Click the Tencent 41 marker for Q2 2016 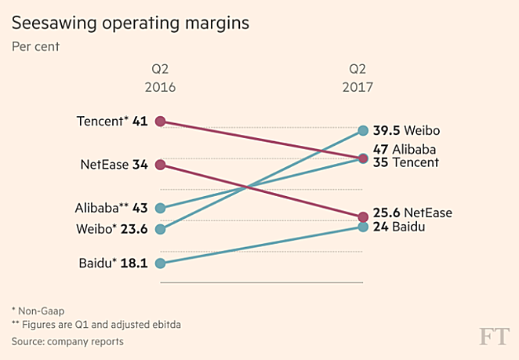(x=160, y=121)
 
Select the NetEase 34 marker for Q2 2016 (x=160, y=165)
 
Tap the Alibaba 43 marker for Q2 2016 (x=160, y=209)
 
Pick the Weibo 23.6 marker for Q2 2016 (x=160, y=230)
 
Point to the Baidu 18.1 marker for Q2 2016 (x=160, y=264)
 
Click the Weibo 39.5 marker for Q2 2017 (x=363, y=130)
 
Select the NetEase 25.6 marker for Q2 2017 (x=363, y=216)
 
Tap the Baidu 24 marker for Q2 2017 (x=363, y=227)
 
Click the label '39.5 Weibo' (x=407, y=130)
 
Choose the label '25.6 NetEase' (x=412, y=213)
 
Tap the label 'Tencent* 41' (x=112, y=121)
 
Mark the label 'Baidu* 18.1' (x=113, y=264)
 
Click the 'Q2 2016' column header (x=160, y=78)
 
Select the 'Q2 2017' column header (x=357, y=78)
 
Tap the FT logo (x=494, y=337)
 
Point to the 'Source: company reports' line (x=67, y=342)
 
